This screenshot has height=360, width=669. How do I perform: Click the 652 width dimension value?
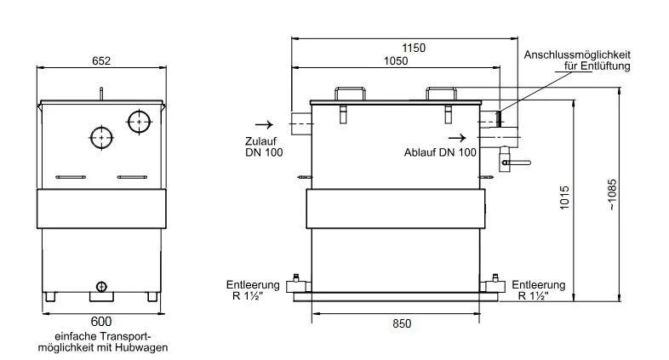pyautogui.click(x=101, y=61)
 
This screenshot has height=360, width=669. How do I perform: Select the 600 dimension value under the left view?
pyautogui.click(x=101, y=321)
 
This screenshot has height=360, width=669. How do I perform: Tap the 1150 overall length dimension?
pyautogui.click(x=414, y=48)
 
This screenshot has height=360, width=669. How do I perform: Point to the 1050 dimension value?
pyautogui.click(x=396, y=61)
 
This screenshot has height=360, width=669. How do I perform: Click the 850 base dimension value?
pyautogui.click(x=402, y=323)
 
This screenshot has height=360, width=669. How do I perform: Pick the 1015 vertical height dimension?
pyautogui.click(x=564, y=197)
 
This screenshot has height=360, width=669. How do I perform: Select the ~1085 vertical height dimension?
pyautogui.click(x=612, y=195)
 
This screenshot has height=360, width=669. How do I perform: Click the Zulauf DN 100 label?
pyautogui.click(x=264, y=146)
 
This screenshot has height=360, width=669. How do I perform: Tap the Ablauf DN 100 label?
pyautogui.click(x=440, y=152)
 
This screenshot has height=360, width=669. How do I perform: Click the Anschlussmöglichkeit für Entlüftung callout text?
pyautogui.click(x=577, y=60)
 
